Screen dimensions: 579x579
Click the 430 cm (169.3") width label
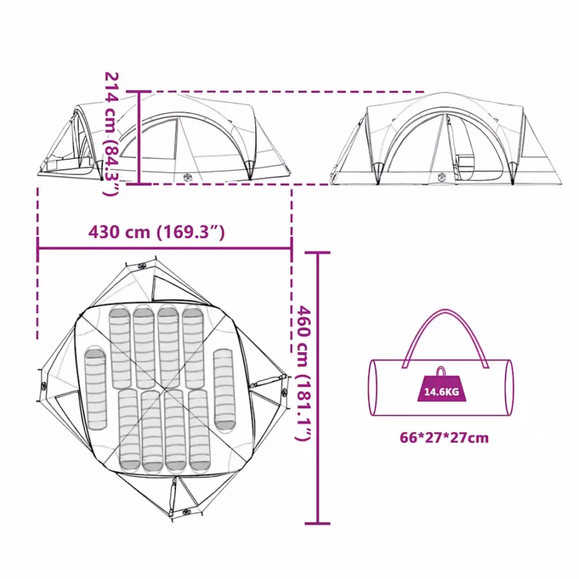click(156, 232)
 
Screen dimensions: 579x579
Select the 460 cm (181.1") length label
click(303, 373)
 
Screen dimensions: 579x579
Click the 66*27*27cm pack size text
click(444, 438)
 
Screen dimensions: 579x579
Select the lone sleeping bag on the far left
click(95, 389)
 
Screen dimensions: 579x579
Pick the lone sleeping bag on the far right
click(225, 390)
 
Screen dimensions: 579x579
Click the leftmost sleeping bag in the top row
click(120, 347)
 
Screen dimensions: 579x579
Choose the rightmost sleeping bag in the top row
click(193, 347)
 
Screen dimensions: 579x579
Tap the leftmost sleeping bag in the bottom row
click(129, 430)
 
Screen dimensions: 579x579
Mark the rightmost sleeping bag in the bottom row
click(200, 430)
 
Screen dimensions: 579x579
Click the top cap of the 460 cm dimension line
click(318, 253)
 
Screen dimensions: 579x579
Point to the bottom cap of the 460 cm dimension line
click(318, 523)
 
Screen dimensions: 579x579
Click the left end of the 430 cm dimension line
click(38, 248)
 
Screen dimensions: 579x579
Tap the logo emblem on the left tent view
click(188, 178)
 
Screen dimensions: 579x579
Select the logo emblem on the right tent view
click(441, 178)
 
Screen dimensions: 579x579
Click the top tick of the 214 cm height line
click(139, 92)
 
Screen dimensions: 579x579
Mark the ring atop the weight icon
click(441, 371)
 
